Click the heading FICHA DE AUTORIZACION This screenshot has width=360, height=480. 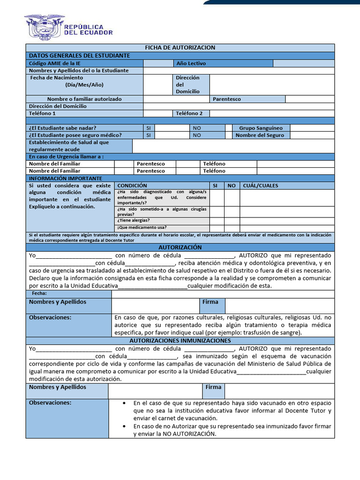coord(180,48)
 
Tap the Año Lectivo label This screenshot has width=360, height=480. coord(191,63)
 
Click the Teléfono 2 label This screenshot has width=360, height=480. coord(189,113)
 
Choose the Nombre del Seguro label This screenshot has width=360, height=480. coord(260,135)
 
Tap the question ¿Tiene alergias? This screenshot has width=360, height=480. coord(134,220)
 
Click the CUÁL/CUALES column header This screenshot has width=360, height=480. coord(261,186)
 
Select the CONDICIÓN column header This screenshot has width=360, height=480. coord(132,186)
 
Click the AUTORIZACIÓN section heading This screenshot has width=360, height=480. coord(180,247)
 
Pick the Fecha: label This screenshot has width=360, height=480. coord(39,293)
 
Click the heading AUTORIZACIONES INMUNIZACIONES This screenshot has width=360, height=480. coord(180,340)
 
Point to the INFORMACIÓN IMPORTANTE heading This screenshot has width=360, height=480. coord(66,179)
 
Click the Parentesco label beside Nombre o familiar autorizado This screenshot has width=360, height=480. coord(227,99)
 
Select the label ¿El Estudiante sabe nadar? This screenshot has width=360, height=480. coord(63,128)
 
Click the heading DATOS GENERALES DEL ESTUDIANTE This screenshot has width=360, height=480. coord(80,56)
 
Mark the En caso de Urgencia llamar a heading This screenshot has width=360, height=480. coord(67,157)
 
